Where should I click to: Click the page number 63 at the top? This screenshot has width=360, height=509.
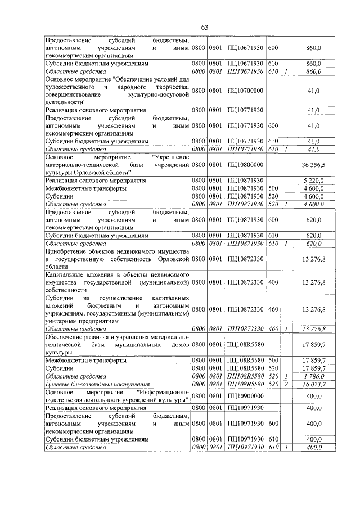point(204,28)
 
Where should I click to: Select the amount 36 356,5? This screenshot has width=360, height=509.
point(313,165)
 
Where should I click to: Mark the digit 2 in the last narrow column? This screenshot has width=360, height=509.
point(286,384)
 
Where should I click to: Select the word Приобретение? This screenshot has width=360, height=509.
point(68,251)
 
